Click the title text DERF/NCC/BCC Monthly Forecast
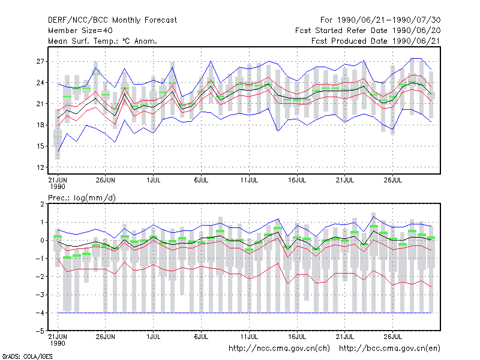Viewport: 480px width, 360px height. click(112, 20)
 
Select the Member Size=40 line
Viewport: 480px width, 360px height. click(80, 31)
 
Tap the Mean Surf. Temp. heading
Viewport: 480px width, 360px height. click(103, 41)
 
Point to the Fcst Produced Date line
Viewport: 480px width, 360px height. click(376, 41)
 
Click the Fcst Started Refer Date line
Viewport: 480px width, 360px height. click(368, 31)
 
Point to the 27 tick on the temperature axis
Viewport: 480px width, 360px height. click(40, 62)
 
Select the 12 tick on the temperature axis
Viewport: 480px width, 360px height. click(40, 167)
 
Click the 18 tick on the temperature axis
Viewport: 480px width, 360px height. click(40, 125)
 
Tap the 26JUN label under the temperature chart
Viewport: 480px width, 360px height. click(106, 180)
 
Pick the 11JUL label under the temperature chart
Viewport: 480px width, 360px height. click(249, 180)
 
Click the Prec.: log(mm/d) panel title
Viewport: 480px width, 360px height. click(82, 198)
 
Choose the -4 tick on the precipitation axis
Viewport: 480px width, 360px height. click(40, 313)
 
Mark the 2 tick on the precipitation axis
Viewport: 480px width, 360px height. click(42, 204)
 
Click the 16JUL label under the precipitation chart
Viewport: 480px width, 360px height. click(297, 337)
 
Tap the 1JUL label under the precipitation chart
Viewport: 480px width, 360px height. click(154, 337)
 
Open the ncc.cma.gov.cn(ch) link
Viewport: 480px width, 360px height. click(279, 349)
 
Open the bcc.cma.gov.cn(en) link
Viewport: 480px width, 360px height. click(389, 349)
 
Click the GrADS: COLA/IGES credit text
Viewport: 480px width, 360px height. click(27, 356)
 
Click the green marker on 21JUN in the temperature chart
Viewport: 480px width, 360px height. click(58, 137)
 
